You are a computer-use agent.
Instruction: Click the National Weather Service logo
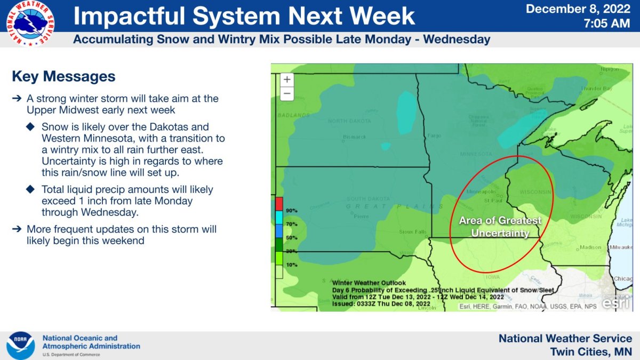click(30, 23)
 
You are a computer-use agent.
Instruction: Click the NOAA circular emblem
click(21, 345)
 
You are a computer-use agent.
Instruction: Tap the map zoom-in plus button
click(287, 79)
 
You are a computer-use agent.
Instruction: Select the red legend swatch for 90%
click(279, 204)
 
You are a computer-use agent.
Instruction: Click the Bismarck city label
click(354, 137)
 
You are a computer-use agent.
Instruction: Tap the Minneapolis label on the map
click(481, 191)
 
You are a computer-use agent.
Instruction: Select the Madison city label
click(590, 247)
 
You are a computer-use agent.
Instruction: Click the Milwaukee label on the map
click(621, 247)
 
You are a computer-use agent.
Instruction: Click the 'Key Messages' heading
click(63, 76)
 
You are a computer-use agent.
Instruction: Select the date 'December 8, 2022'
click(579, 9)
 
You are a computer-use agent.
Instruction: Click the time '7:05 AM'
click(608, 23)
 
